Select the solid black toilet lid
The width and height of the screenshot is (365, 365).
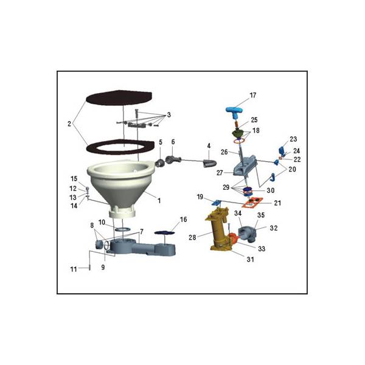119,97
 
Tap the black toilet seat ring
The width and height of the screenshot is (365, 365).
120,147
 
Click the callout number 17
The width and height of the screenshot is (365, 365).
253,96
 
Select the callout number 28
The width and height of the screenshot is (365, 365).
192,237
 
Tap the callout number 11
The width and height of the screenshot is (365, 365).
74,269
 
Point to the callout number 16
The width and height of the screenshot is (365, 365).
184,220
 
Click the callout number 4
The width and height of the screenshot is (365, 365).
209,146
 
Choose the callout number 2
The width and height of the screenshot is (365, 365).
69,124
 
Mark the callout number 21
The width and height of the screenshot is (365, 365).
277,203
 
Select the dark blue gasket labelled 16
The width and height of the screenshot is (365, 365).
165,232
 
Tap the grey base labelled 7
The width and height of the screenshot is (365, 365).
142,249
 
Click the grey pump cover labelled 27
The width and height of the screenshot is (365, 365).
245,165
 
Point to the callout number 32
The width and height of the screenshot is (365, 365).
274,228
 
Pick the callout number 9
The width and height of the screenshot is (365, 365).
103,268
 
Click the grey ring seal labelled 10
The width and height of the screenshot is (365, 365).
122,229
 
